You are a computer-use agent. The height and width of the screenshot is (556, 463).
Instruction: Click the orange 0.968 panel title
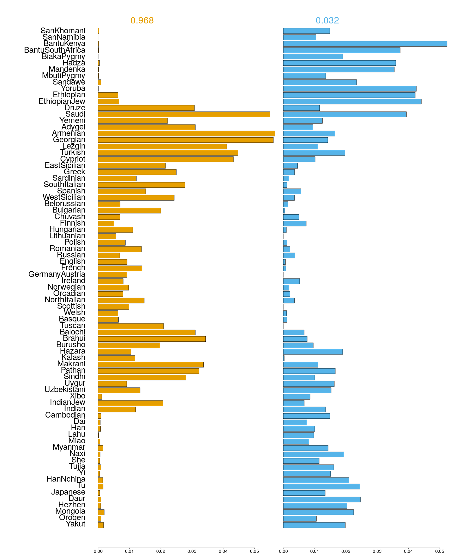click(x=142, y=21)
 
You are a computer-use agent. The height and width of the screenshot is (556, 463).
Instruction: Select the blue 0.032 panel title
click(x=327, y=21)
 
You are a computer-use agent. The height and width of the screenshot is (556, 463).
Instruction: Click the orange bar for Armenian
click(x=186, y=133)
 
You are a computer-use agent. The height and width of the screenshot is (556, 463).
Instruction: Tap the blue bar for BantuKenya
click(x=365, y=44)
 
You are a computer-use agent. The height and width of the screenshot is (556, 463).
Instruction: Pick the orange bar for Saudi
click(x=184, y=114)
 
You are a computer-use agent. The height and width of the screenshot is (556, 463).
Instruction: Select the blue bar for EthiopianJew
click(x=352, y=101)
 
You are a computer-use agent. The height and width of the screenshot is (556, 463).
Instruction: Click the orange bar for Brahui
click(x=152, y=339)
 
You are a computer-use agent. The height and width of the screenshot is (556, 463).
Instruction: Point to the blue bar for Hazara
click(x=313, y=352)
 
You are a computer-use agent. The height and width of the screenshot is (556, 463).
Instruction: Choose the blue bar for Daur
click(x=322, y=499)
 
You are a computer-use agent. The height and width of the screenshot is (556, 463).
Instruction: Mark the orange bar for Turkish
click(x=168, y=153)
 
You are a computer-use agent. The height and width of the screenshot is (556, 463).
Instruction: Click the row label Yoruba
click(x=73, y=89)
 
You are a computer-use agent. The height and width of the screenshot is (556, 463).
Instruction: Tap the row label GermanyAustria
click(x=57, y=274)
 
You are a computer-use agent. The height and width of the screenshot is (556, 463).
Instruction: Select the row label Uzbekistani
click(x=65, y=389)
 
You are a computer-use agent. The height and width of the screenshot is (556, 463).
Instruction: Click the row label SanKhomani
click(x=63, y=31)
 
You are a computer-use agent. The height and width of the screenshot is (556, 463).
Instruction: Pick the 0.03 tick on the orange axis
click(x=192, y=551)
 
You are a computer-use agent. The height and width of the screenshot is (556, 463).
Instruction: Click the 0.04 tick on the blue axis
click(x=408, y=551)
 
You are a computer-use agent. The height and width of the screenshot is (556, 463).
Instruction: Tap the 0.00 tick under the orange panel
click(x=98, y=551)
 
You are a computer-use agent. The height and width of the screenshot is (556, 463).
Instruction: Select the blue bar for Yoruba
click(x=350, y=89)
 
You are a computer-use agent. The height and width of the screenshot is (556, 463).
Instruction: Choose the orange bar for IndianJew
click(x=131, y=403)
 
